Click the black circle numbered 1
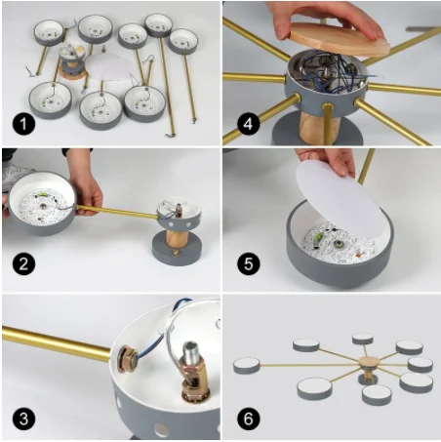click(23, 123)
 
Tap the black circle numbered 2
click(23, 263)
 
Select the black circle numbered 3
click(23, 419)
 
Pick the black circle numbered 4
click(248, 124)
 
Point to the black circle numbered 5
click(248, 263)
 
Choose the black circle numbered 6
click(248, 419)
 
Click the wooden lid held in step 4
click(339, 42)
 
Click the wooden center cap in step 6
click(369, 362)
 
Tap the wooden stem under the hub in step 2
click(178, 238)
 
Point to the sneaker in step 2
click(18, 176)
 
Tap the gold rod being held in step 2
click(117, 212)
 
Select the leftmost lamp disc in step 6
click(247, 365)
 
